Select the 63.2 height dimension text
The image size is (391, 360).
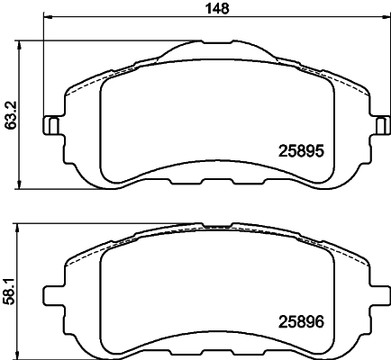click(10, 115)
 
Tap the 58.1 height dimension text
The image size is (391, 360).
click(10, 286)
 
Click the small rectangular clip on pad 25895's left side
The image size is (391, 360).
click(53, 125)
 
